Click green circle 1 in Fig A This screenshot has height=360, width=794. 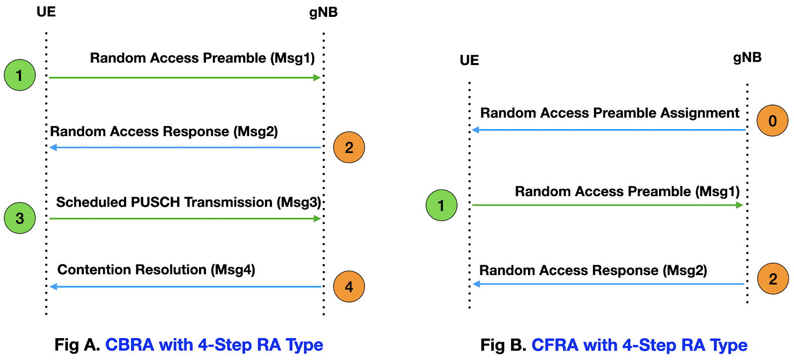(x=20, y=75)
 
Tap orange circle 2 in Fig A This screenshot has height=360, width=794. (x=349, y=147)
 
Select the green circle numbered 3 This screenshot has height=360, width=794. (x=20, y=218)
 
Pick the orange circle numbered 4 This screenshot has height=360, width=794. (x=349, y=287)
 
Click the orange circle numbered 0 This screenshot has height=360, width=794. (x=773, y=121)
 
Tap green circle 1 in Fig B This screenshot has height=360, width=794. (x=441, y=205)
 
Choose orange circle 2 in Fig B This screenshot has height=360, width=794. (x=773, y=279)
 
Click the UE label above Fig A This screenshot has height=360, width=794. (x=46, y=12)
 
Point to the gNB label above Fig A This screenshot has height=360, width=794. (x=323, y=12)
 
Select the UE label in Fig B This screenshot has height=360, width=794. (x=469, y=61)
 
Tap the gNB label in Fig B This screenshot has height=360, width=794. (x=747, y=58)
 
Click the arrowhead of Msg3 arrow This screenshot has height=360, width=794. (x=318, y=218)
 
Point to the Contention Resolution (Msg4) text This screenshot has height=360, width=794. (x=156, y=270)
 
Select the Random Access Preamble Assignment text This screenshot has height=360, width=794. (x=609, y=113)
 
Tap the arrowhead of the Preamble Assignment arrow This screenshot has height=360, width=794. (x=475, y=130)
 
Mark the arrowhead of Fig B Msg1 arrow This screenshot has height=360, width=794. (x=739, y=205)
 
